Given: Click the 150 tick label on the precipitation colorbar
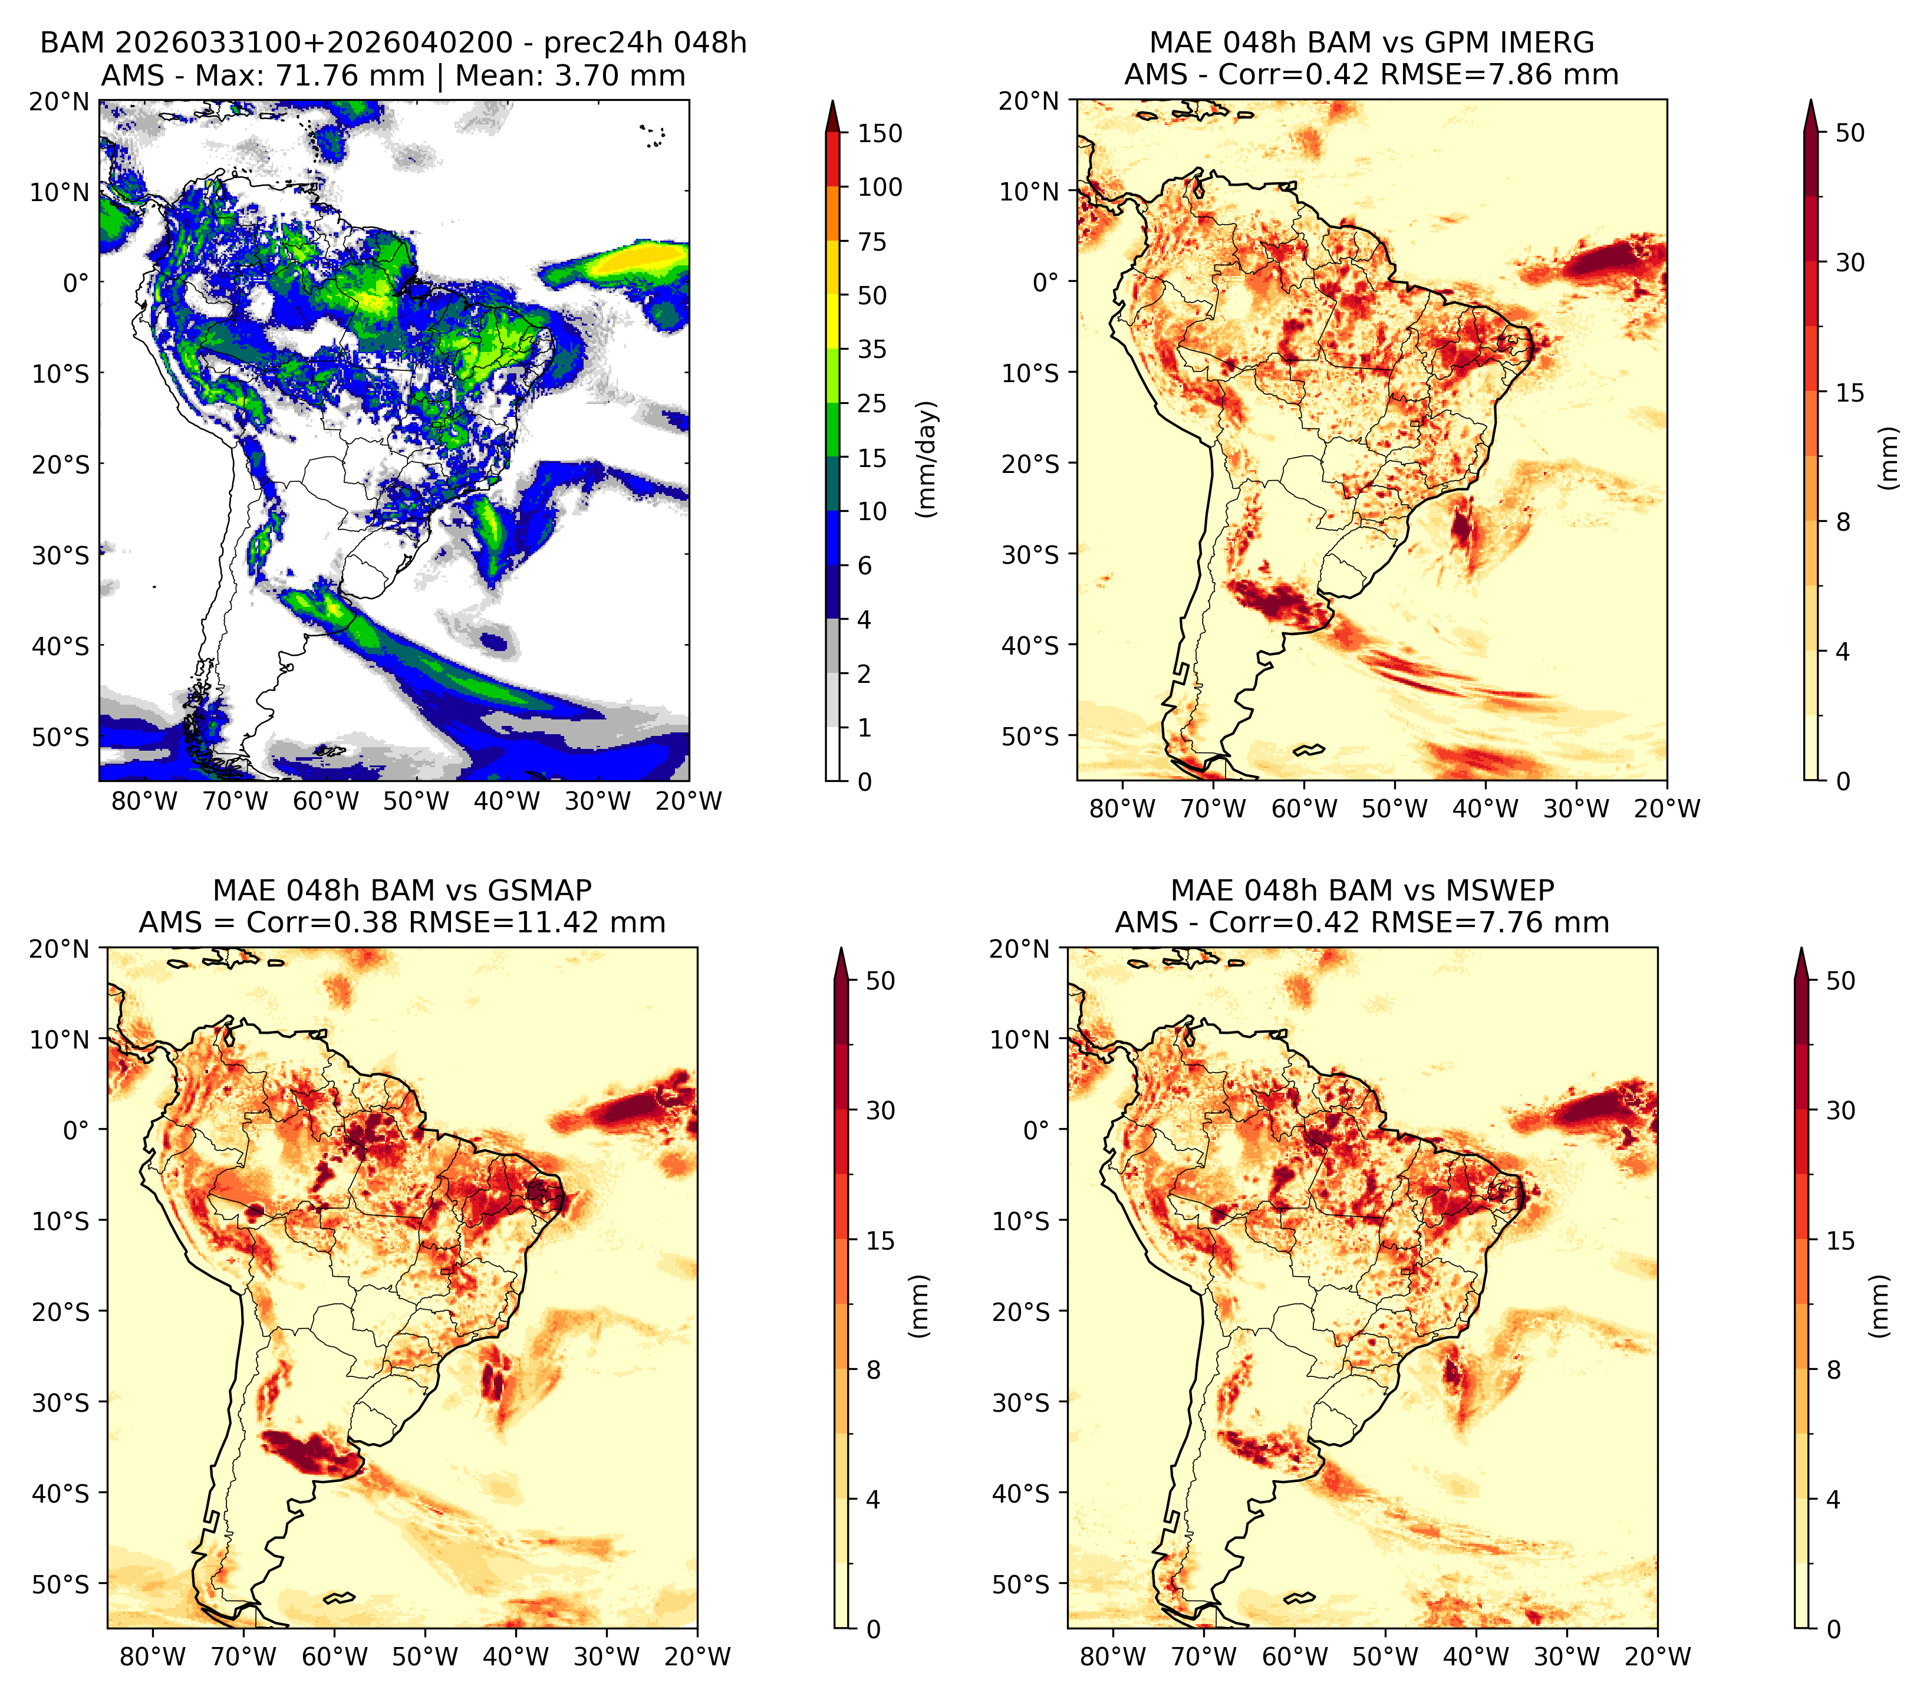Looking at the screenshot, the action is [880, 133].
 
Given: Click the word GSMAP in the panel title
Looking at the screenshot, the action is [539, 890].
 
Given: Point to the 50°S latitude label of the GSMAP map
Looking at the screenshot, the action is [61, 1583].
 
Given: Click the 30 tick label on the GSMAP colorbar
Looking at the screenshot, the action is [880, 1110].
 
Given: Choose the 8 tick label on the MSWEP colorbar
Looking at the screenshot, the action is [1833, 1370].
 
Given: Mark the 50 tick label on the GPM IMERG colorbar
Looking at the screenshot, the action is [1850, 133].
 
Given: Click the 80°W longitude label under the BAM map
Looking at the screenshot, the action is [144, 802].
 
